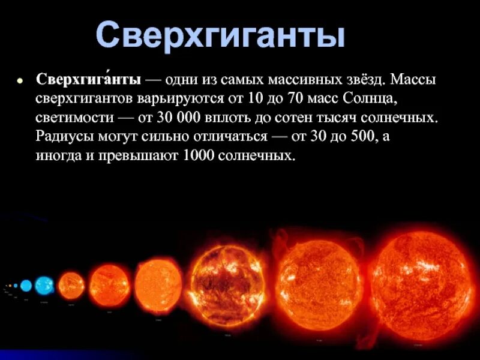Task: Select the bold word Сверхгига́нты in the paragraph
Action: (89, 80)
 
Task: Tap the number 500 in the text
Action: (363, 137)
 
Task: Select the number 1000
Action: (203, 157)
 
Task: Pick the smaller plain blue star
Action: (26, 286)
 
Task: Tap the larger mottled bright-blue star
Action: (44, 286)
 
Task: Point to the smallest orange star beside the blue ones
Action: (71, 285)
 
